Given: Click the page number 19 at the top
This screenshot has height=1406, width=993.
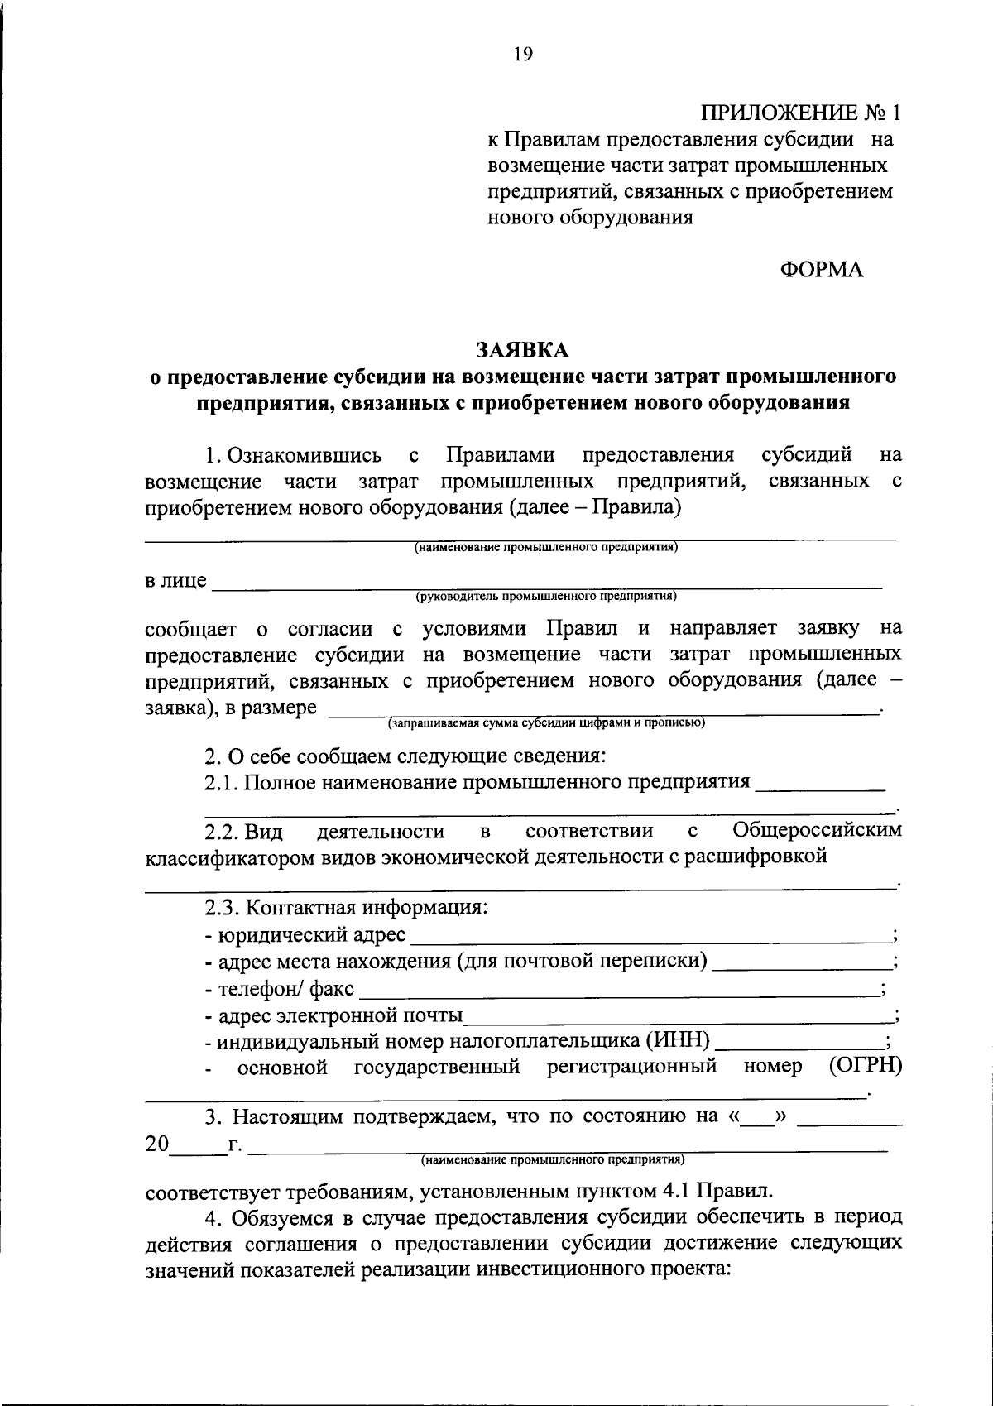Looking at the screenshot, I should [x=523, y=55].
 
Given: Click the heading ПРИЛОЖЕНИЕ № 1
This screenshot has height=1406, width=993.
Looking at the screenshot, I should [x=799, y=113].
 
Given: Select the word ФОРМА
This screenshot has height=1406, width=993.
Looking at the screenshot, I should [x=821, y=270].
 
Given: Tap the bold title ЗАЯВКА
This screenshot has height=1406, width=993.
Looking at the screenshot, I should [x=522, y=350].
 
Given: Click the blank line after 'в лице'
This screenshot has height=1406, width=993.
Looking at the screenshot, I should [x=546, y=581].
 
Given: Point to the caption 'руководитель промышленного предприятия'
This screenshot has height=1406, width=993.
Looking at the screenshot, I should [x=546, y=595].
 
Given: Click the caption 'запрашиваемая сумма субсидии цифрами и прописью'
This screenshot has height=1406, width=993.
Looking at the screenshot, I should [x=546, y=722].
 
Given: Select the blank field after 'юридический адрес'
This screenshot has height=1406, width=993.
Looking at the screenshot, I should [x=650, y=936].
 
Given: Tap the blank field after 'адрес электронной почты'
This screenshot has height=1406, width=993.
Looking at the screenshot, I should [x=679, y=1015].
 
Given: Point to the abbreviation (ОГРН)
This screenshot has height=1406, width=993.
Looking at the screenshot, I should [x=865, y=1066].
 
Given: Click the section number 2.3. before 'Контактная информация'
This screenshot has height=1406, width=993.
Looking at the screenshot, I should [x=222, y=909].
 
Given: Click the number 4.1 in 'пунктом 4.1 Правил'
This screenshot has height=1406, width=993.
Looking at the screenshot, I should [x=679, y=1191].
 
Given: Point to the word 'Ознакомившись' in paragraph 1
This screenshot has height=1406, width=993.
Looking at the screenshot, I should [x=305, y=455].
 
